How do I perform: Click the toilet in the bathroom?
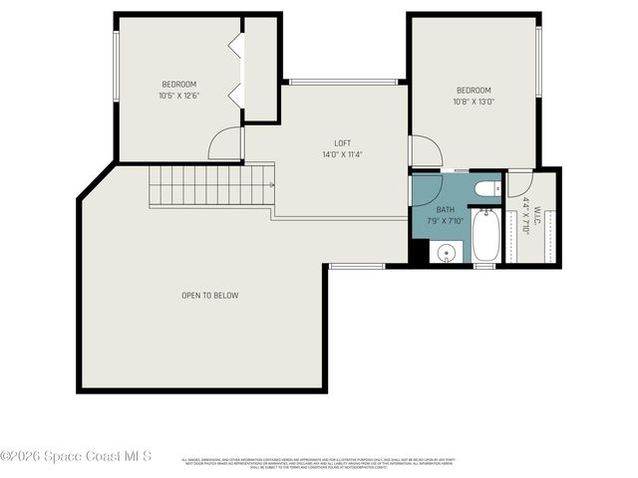point(486,188)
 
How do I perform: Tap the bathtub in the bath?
point(485,236)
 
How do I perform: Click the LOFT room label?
point(342,143)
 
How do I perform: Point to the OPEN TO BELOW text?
point(209,295)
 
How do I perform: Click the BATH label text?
point(445,209)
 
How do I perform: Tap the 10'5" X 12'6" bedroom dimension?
point(179,96)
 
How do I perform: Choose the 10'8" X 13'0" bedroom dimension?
point(474,101)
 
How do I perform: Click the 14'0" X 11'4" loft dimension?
point(342,154)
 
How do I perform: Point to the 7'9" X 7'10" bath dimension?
point(445,220)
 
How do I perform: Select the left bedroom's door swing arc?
point(226,145)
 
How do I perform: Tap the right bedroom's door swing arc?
point(427,152)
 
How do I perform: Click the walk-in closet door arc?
point(519,184)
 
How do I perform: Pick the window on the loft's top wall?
point(343,82)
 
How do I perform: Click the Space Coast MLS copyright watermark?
point(76,456)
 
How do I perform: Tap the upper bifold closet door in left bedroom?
point(234,47)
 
